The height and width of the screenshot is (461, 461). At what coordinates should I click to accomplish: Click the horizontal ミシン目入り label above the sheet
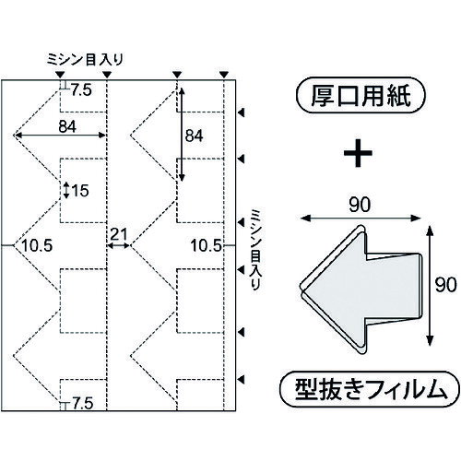coord(85,60)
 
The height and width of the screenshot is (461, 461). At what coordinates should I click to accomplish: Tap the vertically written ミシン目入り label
coord(255,250)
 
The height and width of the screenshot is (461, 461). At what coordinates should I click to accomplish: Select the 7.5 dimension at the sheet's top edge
coord(81,90)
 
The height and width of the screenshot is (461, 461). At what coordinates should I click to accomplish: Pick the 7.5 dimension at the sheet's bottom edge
coord(82,403)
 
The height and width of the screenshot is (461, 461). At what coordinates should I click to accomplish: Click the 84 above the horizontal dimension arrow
coord(67,126)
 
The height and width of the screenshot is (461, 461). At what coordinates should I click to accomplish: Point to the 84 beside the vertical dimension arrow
coord(194,136)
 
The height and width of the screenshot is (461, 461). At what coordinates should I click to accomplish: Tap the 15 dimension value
coord(80,191)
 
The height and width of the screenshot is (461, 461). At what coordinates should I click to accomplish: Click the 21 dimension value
coord(119,235)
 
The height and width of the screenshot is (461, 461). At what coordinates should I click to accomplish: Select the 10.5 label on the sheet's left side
coord(37,245)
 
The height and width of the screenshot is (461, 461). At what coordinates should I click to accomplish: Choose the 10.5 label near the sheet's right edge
coord(207,245)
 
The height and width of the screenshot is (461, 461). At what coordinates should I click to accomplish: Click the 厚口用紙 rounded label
coord(361,97)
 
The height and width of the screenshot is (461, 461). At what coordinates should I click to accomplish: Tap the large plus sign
coord(358,153)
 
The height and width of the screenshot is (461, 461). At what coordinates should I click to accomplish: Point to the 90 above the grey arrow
coord(360,205)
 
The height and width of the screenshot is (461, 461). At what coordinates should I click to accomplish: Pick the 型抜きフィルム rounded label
coord(370,390)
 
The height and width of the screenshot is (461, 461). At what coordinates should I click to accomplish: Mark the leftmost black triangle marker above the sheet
coord(61,75)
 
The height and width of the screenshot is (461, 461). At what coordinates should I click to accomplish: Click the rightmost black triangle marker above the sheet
coord(224,75)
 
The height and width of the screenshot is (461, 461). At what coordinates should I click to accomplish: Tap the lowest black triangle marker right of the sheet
coord(242,380)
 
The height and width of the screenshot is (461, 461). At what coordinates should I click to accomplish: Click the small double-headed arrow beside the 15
coord(66,190)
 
